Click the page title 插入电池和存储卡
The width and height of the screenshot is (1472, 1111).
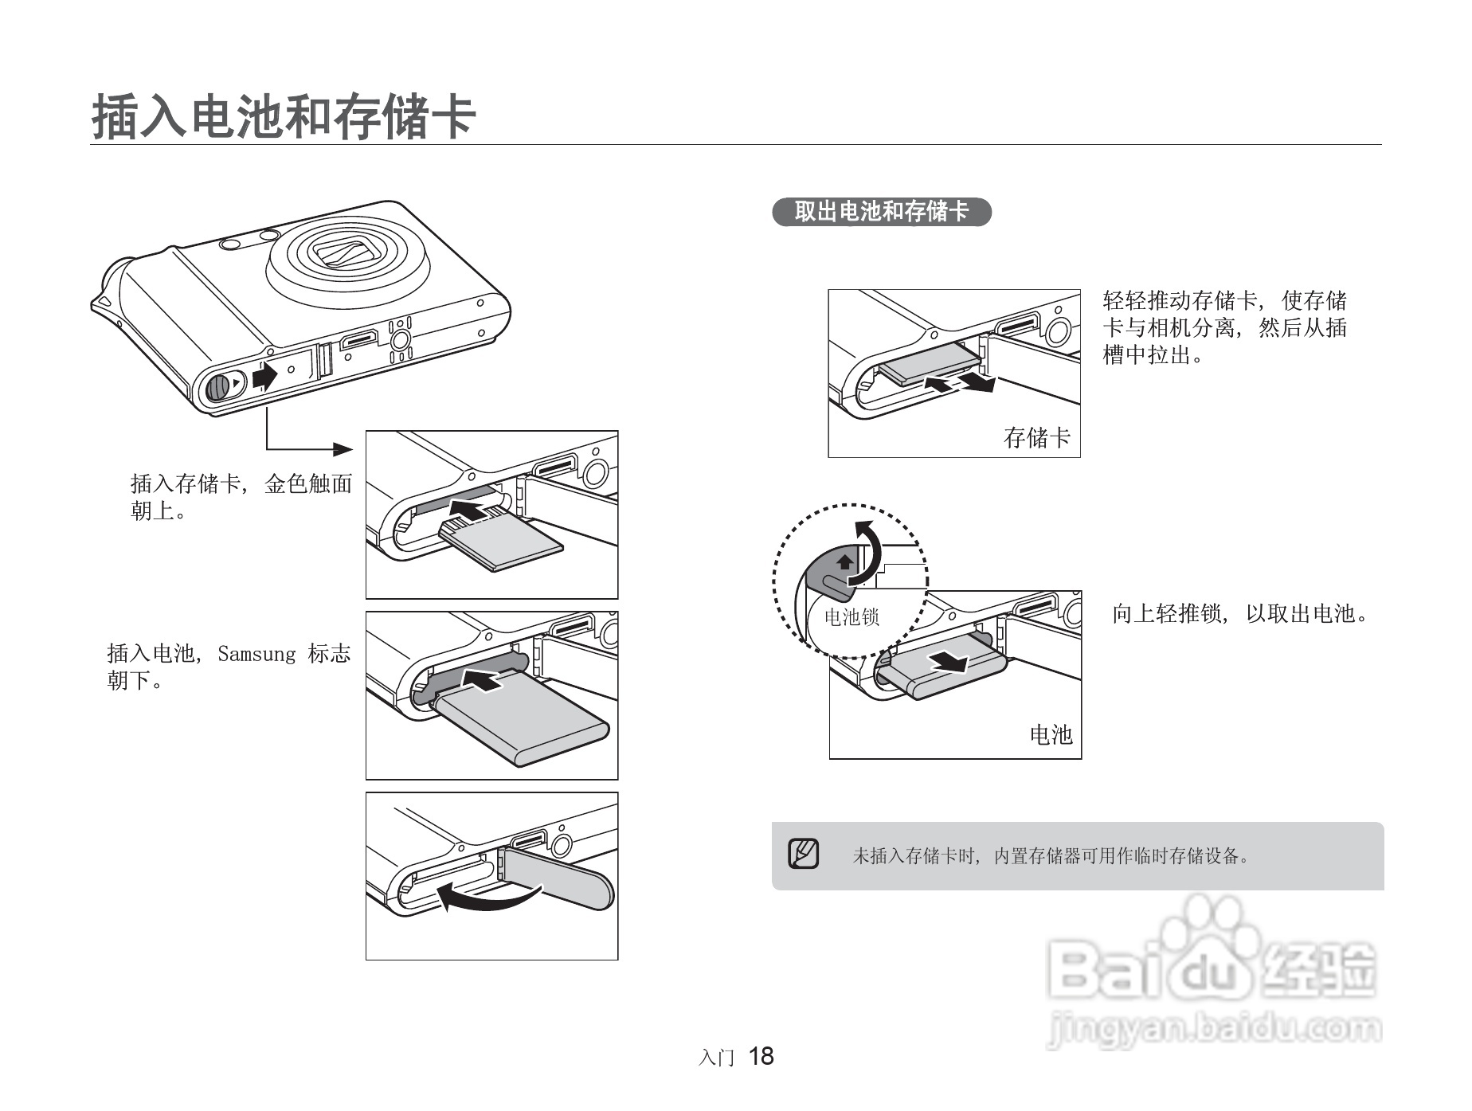284,116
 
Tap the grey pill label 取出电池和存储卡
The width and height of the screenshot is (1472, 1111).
882,212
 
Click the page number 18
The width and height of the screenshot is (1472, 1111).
761,1056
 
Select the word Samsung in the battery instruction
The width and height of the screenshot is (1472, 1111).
256,654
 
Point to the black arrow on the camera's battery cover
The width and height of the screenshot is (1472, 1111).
264,374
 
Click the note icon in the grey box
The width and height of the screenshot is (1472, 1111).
803,855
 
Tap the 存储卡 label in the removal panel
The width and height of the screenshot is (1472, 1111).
1037,437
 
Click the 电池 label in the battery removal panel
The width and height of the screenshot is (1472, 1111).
1051,734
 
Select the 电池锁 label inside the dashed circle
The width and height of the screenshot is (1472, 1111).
851,617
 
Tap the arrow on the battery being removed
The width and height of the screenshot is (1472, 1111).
950,661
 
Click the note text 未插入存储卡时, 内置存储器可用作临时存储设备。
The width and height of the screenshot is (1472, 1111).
1051,856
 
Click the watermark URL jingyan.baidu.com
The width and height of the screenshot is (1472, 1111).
1215,1029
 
